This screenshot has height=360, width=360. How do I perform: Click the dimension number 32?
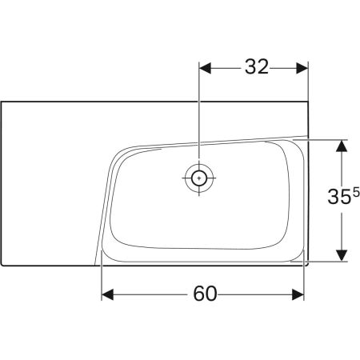255,68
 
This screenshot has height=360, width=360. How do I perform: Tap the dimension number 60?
205,294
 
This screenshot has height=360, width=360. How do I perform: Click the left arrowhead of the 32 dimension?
203,68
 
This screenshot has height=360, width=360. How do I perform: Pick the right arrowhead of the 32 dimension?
304,68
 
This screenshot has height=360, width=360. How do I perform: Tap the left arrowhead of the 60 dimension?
106,294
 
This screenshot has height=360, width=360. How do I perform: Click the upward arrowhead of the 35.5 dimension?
342,145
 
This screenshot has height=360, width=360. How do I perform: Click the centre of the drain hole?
197,178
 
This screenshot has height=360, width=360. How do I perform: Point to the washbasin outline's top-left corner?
2,102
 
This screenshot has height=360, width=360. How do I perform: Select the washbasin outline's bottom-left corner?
2,264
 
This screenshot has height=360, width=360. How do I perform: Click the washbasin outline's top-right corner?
309,102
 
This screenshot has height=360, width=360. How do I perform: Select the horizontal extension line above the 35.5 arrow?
324,138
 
